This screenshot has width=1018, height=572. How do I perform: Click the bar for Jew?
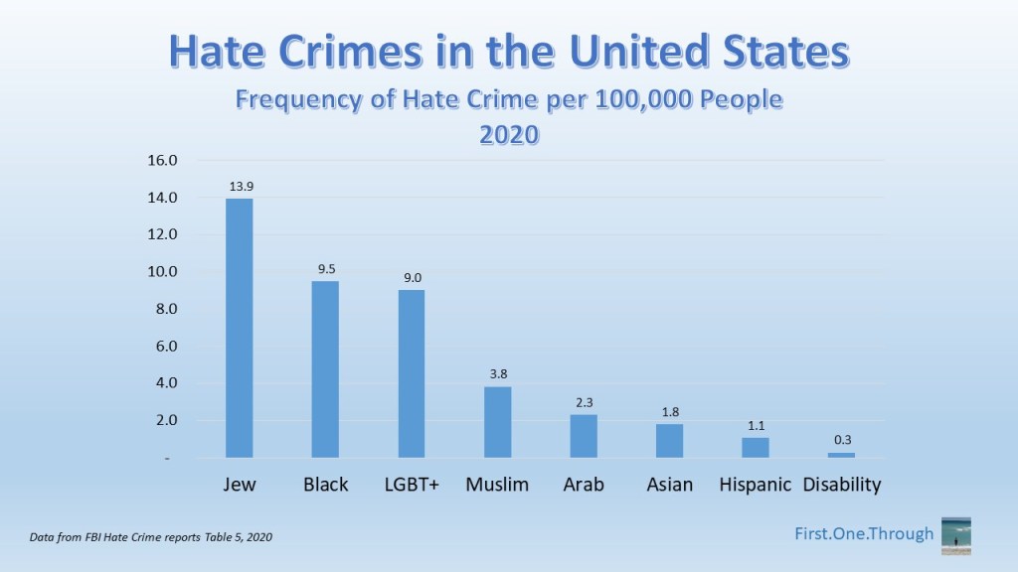pos(240,328)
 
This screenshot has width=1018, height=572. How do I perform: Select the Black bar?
pos(325,368)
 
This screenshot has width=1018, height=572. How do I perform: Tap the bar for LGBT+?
pos(412,373)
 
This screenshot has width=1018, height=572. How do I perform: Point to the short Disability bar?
pos(841,455)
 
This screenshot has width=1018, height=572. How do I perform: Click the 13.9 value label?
pos(240,187)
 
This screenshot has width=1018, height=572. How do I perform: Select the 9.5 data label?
pos(325,268)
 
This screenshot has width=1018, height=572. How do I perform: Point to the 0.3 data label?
pos(841,440)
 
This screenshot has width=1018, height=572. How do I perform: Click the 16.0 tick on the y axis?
pos(162,161)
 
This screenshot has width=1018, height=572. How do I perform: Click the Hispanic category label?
pos(756,485)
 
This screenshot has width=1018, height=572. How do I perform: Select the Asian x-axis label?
pos(669,485)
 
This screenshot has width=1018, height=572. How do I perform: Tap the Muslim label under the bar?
pos(497,485)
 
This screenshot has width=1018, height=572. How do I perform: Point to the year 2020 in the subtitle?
pos(509,134)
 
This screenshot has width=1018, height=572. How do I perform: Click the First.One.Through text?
pos(865,534)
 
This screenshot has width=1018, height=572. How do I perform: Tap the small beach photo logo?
pos(955,535)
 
